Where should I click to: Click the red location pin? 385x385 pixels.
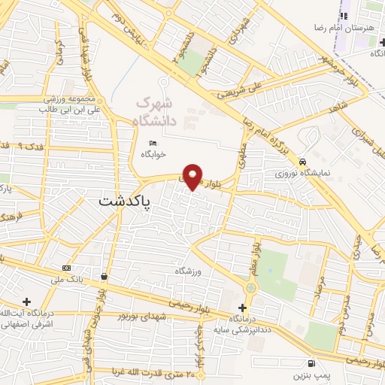[194, 175]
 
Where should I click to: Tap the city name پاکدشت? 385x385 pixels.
[125, 202]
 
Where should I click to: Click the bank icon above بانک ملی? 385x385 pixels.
[67, 268]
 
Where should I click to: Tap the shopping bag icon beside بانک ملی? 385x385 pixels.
[103, 277]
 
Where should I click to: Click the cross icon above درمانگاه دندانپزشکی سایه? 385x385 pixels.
[242, 308]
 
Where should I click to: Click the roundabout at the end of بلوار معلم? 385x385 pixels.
[250, 288]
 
